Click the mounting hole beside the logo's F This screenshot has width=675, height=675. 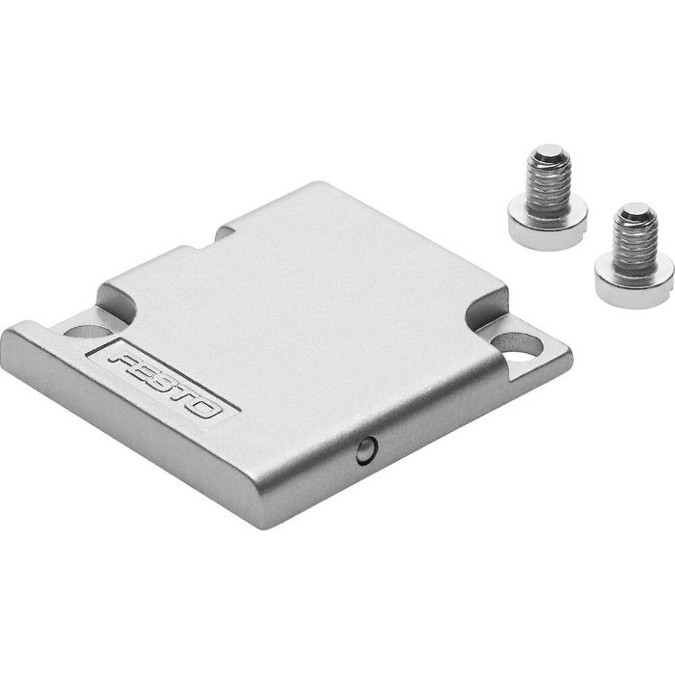tap(84, 331)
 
